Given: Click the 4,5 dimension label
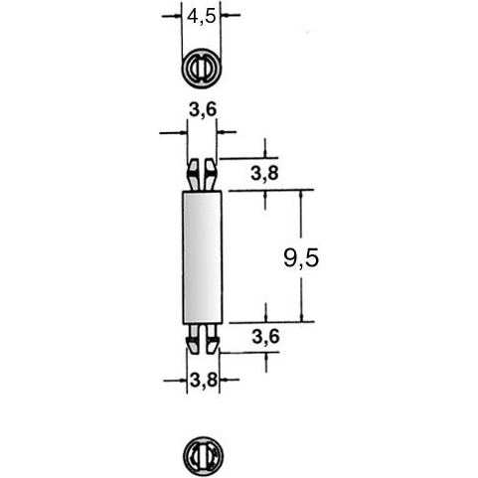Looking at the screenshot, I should point(202,16).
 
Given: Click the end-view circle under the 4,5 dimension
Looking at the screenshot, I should point(202,69).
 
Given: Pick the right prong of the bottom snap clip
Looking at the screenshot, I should point(212,340).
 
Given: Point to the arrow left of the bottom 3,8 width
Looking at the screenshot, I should point(179,379).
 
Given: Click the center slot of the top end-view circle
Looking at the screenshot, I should point(202,69).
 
